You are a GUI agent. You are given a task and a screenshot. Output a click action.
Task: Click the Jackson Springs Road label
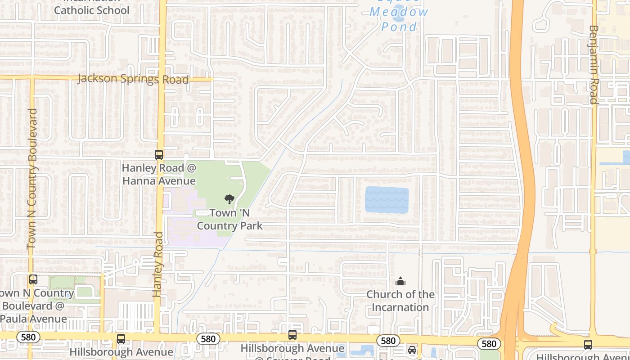[x=133, y=79]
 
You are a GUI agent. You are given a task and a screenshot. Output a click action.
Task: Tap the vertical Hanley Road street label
[x=157, y=264]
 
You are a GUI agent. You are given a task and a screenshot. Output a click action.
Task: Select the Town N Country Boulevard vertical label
[x=32, y=178]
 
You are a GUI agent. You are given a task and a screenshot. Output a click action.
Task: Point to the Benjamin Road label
[x=594, y=64]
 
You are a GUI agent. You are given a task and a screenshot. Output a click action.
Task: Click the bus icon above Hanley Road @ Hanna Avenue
[x=159, y=155]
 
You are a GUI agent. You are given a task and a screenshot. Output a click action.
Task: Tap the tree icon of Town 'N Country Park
[x=229, y=199]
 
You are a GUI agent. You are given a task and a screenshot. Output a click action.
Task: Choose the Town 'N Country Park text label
[x=229, y=219]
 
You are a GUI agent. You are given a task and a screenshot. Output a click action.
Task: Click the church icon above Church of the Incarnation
[x=400, y=282]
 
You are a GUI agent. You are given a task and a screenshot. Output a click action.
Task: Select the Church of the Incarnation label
[x=400, y=301]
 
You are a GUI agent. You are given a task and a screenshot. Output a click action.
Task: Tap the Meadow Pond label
[x=399, y=19]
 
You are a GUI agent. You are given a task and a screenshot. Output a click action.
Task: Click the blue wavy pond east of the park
[x=387, y=200]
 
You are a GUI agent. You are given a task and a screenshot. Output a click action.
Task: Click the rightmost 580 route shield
[x=489, y=344]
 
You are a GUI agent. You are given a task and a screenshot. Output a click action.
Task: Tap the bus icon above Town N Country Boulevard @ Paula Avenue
[x=33, y=279]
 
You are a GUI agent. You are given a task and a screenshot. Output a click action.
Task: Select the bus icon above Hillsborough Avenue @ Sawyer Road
[x=292, y=335]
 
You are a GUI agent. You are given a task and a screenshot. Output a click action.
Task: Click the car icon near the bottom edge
[x=412, y=350]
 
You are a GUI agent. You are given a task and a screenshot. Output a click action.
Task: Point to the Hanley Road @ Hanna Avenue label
[x=159, y=175]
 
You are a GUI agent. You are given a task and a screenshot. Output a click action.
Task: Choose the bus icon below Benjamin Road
[x=588, y=345]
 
